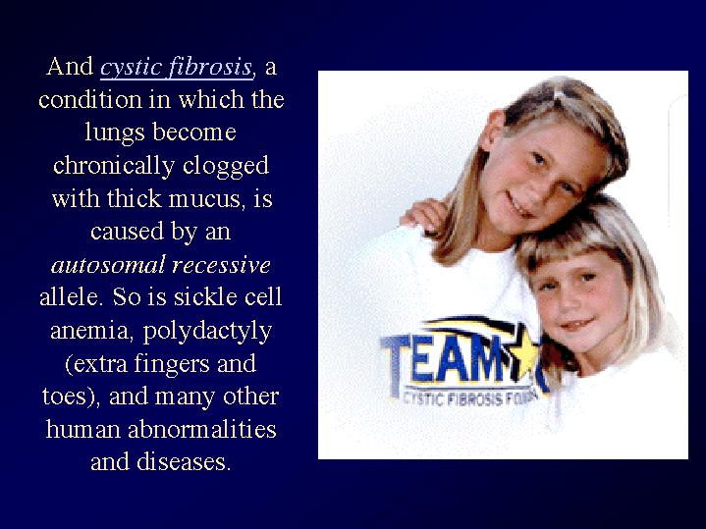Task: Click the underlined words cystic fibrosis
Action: tap(176, 68)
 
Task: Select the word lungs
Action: tap(115, 133)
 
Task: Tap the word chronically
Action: tap(114, 167)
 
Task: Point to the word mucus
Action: tap(207, 198)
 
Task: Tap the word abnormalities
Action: tap(202, 429)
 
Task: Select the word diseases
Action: tap(184, 462)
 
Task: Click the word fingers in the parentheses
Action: tap(172, 364)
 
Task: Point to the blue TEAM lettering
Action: tap(444, 359)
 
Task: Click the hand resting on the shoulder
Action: tap(422, 215)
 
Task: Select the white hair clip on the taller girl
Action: tap(559, 95)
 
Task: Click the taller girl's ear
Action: tap(492, 131)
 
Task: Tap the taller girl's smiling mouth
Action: tap(518, 205)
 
